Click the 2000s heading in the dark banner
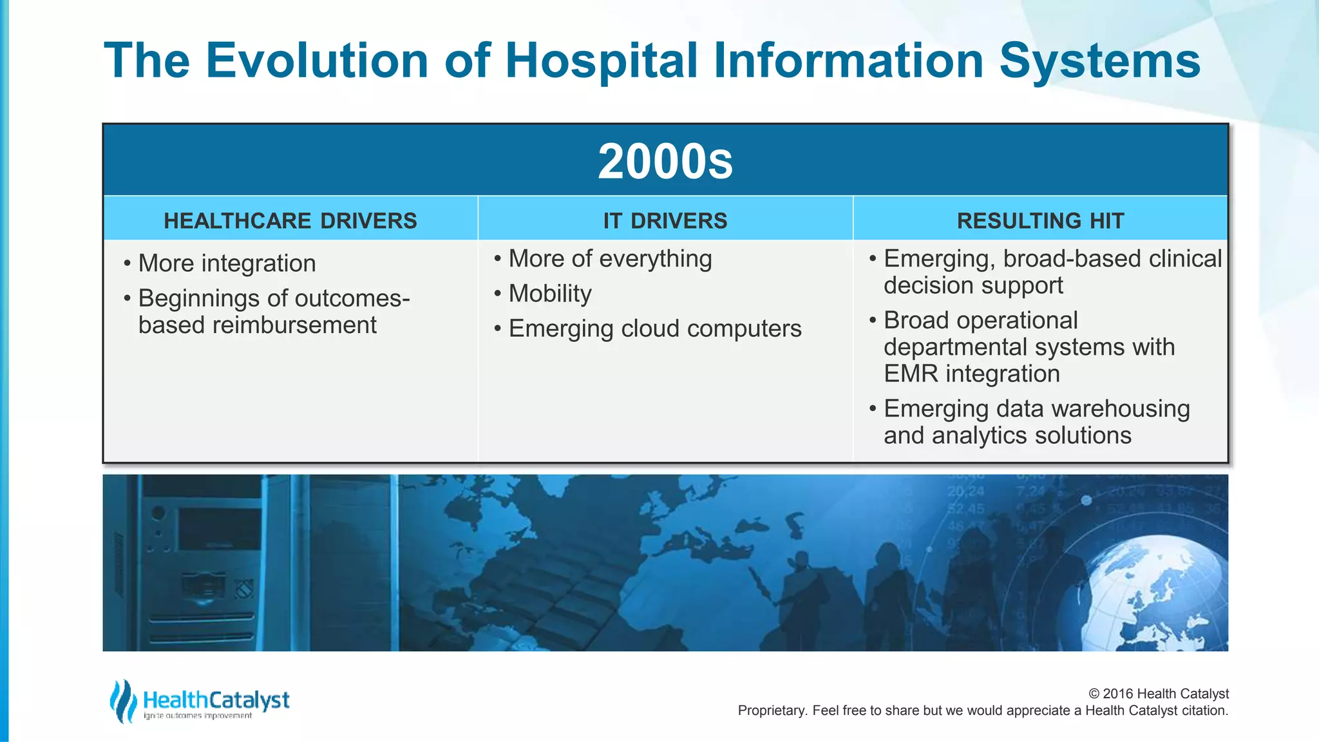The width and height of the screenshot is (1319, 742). coord(665,161)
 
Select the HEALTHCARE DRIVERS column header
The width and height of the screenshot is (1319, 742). coord(290,221)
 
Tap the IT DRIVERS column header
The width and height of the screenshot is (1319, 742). coord(665,221)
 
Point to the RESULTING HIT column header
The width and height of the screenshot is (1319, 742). coord(1040,221)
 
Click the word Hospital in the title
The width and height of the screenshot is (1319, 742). coord(602,61)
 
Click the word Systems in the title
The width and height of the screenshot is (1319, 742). coord(1099,61)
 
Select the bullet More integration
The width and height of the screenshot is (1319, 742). coord(227,263)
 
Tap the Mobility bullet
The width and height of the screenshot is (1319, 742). coord(549,294)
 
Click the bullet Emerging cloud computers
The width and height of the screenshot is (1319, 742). coord(654,328)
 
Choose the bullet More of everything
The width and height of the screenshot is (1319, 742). coord(610,259)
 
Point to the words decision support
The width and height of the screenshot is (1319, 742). coord(973,285)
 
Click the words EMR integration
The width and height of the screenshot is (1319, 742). coord(971,374)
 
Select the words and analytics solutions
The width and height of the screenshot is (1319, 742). coord(1007,435)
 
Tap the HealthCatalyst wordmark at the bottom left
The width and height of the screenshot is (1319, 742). coord(216,700)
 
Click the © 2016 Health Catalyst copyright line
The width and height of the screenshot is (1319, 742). coord(1158,694)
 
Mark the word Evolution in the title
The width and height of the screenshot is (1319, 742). coord(317,61)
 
